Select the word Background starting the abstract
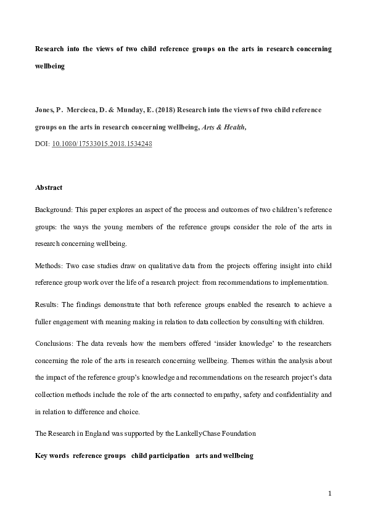point(52,211)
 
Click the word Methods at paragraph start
point(47,264)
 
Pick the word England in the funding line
point(94,433)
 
